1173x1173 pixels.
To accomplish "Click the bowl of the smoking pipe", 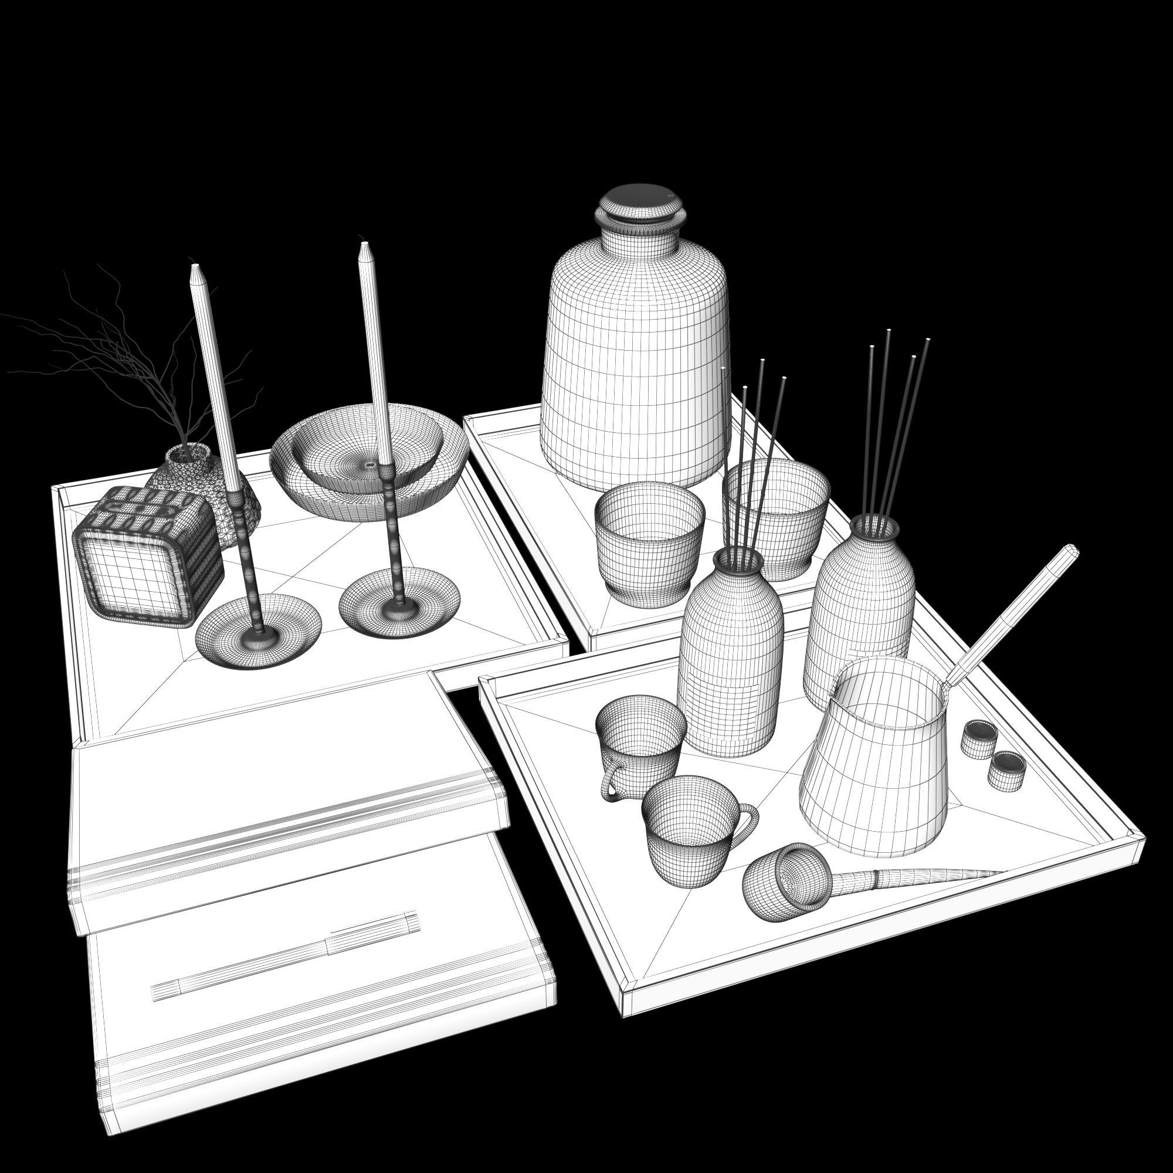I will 784,880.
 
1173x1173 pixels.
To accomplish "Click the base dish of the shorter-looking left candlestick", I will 258,632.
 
